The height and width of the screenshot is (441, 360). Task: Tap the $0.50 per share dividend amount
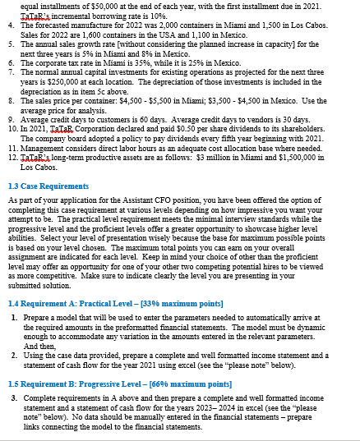point(203,140)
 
